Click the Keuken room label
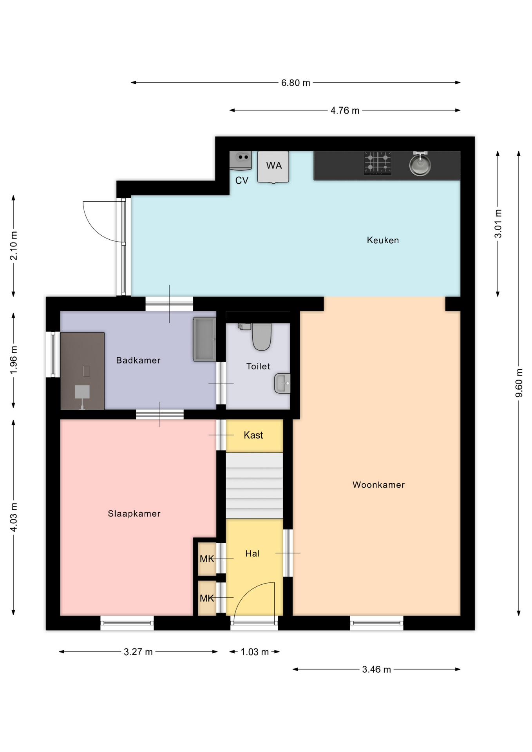pos(383,240)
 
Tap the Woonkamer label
pos(378,485)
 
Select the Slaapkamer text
pos(134,513)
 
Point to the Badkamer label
pos(138,360)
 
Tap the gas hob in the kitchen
pos(378,163)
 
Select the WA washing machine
pos(273,167)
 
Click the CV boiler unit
pos(241,161)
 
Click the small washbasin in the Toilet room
pos(282,383)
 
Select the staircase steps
pos(254,486)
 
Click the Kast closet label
pos(253,435)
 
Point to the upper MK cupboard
pos(207,559)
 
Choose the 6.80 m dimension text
pos(296,83)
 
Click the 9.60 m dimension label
pos(519,383)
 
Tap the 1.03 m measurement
pos(255,652)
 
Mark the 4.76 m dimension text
pos(345,110)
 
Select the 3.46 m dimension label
pos(376,669)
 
